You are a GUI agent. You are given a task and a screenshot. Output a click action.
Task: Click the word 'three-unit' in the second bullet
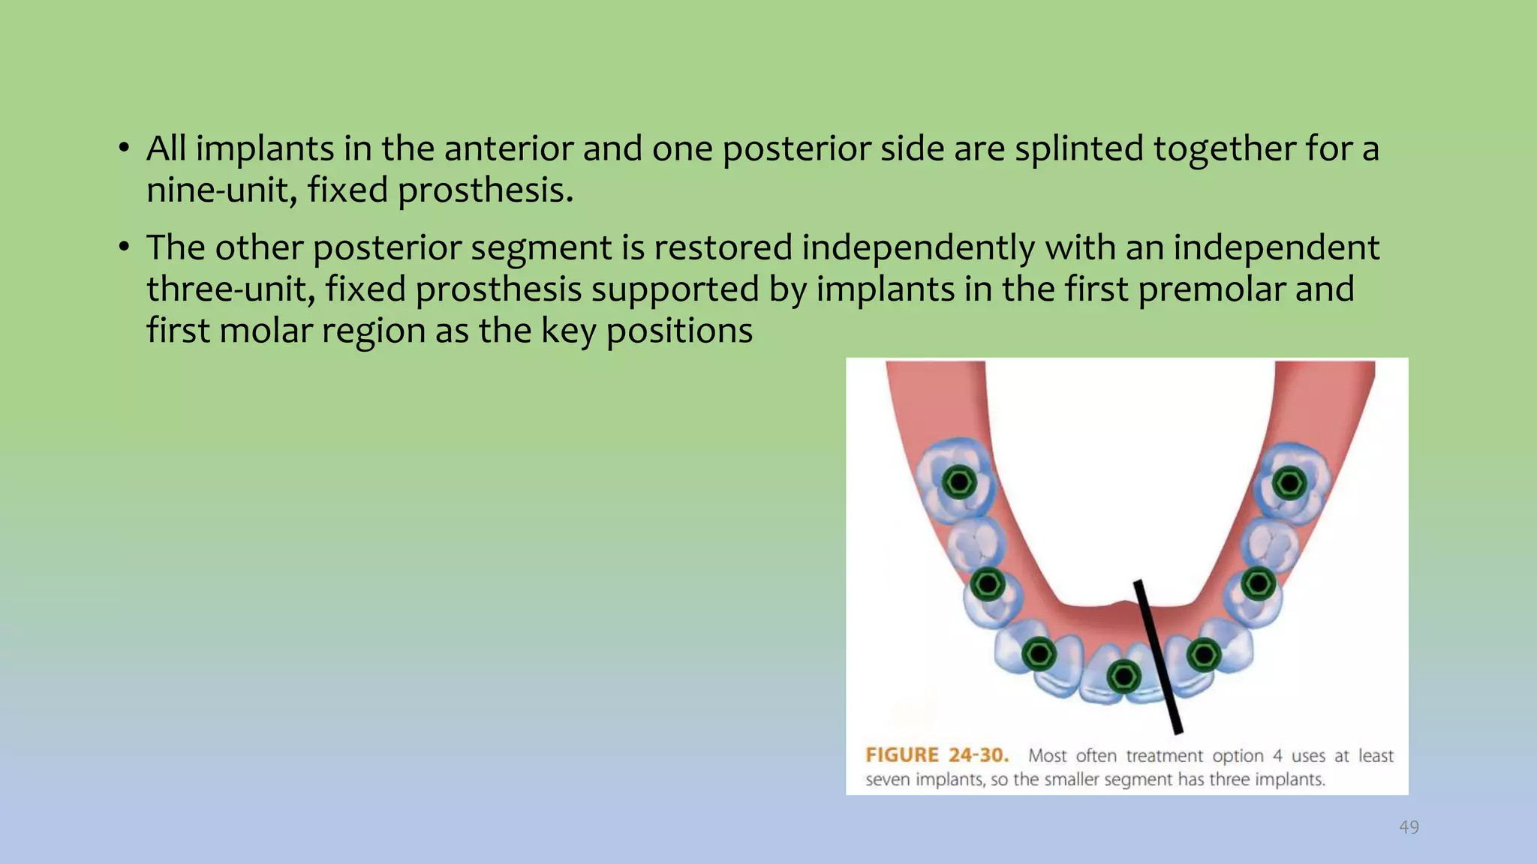231,289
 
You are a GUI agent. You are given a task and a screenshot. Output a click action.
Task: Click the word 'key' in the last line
568,331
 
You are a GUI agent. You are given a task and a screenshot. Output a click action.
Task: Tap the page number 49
1409,827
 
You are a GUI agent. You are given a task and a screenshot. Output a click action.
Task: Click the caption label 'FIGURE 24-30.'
937,755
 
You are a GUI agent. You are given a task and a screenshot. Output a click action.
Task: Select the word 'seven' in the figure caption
887,780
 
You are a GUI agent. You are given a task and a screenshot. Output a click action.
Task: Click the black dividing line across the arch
1158,657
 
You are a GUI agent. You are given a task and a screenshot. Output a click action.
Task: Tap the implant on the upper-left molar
959,481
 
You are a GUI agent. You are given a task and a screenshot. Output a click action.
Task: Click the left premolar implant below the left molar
988,583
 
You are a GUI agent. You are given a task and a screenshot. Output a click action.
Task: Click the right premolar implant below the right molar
1259,583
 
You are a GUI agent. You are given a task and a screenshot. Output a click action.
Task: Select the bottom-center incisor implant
1123,677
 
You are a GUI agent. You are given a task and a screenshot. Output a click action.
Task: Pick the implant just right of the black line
1204,655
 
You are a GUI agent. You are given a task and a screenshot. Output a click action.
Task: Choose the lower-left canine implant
1039,655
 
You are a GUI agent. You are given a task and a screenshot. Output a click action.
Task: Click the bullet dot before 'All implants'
125,148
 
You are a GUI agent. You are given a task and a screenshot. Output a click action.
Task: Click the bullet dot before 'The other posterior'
125,247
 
